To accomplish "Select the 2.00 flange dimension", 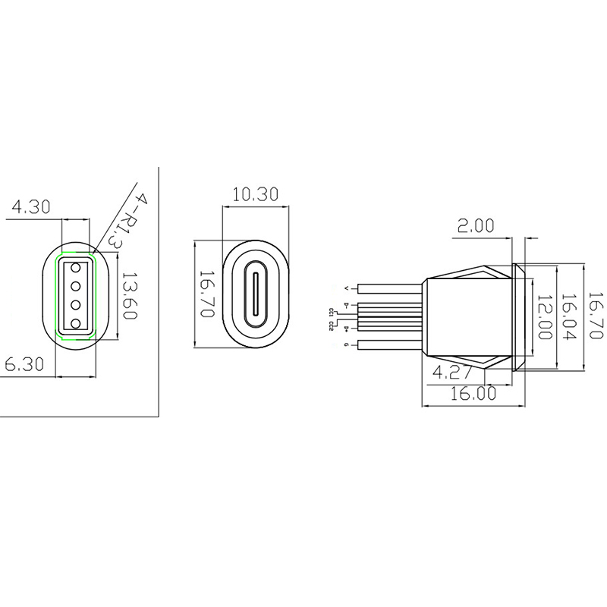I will [476, 225].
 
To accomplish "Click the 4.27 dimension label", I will [453, 372].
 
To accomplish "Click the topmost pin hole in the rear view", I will [75, 268].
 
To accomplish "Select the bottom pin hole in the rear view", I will [75, 324].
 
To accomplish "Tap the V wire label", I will [347, 288].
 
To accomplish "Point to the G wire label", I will [347, 345].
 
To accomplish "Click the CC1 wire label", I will [332, 311].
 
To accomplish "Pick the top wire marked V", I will [391, 288].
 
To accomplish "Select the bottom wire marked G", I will [391, 345].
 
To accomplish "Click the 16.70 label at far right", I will [596, 316].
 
